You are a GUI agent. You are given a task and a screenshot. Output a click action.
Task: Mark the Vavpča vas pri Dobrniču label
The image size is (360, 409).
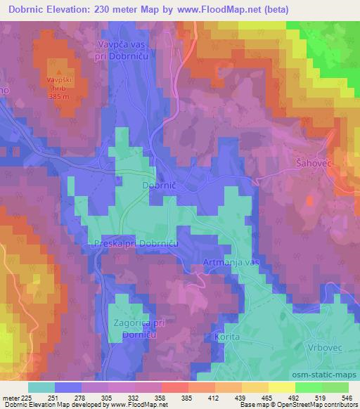pyautogui.click(x=124, y=50)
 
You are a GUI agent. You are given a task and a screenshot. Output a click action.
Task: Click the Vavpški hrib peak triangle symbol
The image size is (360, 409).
pyautogui.click(x=59, y=72)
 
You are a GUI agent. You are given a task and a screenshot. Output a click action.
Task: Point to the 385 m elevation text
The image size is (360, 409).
pyautogui.click(x=60, y=98)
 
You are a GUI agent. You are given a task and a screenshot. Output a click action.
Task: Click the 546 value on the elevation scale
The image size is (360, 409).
pyautogui.click(x=346, y=398)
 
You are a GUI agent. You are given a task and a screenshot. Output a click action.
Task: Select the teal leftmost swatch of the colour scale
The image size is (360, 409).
pyautogui.click(x=41, y=387)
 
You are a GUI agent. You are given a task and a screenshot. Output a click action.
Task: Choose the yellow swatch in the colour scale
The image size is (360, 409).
pyautogui.click(x=281, y=387)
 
